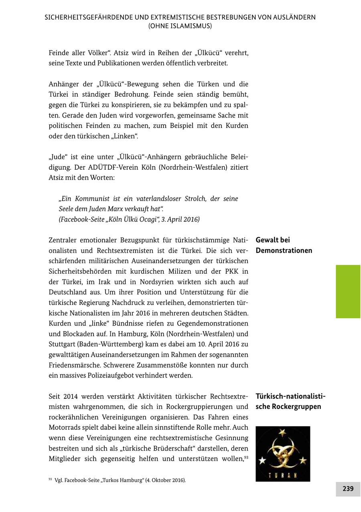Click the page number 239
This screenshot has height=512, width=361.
(348, 489)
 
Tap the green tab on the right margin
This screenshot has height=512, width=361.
(348, 291)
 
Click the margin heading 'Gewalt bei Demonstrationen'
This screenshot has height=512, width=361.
(284, 245)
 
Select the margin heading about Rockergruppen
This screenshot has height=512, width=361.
(290, 401)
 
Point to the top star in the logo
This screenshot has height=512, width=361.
(282, 433)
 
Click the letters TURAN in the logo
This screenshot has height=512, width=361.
(283, 476)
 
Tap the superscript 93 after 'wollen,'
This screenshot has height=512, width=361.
(246, 457)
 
